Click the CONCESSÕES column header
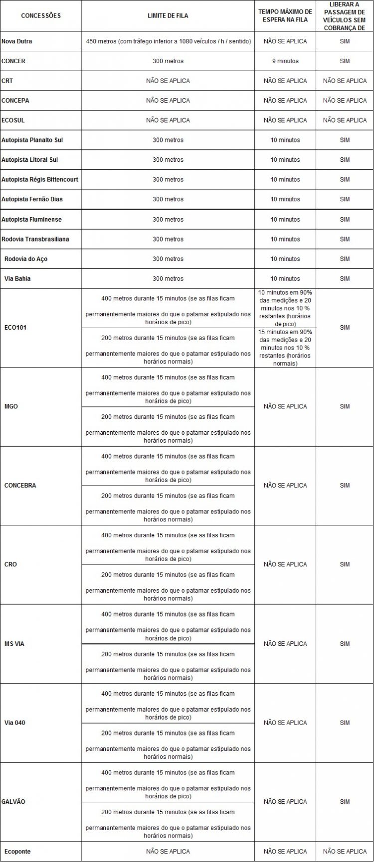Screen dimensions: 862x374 41,15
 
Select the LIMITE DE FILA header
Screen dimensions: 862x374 168,15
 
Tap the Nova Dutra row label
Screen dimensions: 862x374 17,41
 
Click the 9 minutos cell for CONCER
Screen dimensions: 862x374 285,61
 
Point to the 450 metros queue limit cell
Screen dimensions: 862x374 168,41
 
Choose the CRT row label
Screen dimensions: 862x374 7,81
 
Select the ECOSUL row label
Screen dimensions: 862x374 13,120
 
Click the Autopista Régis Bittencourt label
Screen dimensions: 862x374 40,179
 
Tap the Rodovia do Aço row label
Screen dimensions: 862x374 26,259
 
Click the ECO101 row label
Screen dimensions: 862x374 14,328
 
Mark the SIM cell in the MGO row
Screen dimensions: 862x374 345,406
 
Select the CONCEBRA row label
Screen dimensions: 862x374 20,485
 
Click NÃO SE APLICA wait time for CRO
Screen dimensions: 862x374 285,564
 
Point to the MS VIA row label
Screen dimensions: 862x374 14,644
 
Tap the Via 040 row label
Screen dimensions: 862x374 14,723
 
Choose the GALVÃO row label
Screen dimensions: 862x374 15,802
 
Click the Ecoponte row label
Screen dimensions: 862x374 17,852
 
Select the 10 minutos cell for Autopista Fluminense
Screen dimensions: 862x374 285,219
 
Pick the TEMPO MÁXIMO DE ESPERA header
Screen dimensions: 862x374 285,15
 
